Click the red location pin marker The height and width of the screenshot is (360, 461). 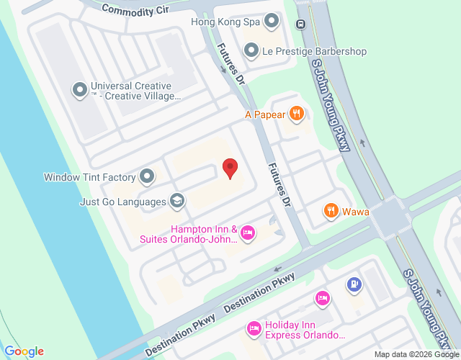(230, 168)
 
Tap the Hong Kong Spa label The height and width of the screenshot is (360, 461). (225, 22)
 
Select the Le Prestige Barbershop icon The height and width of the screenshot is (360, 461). (251, 51)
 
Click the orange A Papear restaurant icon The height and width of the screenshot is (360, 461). (296, 113)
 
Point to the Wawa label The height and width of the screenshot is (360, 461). (356, 211)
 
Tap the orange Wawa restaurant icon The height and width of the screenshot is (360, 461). (331, 211)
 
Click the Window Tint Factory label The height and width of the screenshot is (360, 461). (90, 177)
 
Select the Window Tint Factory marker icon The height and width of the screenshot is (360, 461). (147, 176)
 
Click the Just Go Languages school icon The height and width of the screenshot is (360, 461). (176, 202)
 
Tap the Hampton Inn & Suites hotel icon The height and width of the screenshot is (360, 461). (247, 232)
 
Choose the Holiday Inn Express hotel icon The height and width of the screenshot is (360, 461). (254, 329)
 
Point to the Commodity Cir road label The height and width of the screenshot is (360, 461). (135, 10)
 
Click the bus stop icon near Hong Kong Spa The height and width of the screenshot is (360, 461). (300, 22)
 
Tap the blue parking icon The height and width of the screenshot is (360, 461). (354, 285)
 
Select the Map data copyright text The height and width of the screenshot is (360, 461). (416, 354)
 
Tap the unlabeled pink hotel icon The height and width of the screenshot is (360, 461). (323, 297)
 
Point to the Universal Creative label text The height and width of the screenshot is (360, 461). (133, 90)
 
